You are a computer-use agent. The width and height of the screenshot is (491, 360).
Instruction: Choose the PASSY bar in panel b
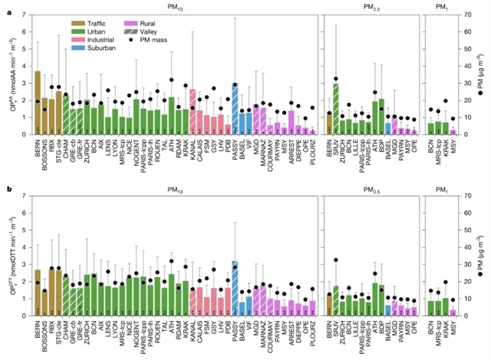tap(235, 289)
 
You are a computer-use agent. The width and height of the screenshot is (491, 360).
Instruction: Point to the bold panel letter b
tap(7, 187)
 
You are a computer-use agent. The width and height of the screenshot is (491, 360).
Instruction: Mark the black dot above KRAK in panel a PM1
tap(446, 101)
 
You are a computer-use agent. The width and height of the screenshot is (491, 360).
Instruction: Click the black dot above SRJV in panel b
tap(336, 260)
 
